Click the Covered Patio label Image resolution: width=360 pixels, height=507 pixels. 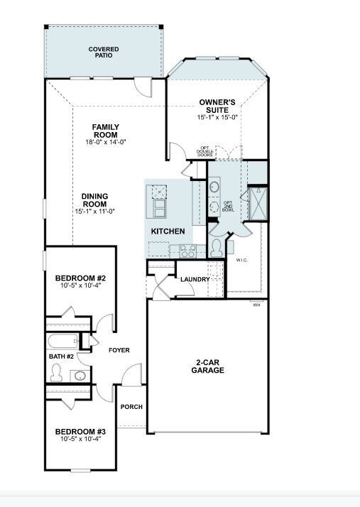point(104,53)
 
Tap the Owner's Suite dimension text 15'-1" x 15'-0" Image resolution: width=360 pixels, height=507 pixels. point(217,117)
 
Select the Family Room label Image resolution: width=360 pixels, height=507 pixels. point(106,131)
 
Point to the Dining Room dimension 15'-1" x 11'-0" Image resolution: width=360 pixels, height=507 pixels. point(94,212)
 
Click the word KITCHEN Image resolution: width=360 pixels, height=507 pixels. point(168,231)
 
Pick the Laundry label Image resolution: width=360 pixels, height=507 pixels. point(195,279)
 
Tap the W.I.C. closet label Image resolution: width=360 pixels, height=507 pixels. point(242,260)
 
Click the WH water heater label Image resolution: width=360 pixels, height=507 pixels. point(256,305)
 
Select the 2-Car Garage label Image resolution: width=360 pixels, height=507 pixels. point(207,366)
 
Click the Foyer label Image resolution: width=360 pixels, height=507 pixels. point(119,350)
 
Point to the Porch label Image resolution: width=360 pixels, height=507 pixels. point(131,407)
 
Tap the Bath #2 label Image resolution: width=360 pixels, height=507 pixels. point(62,356)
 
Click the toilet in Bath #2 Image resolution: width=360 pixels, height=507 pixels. point(56,373)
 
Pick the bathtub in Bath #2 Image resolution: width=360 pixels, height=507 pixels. point(62,342)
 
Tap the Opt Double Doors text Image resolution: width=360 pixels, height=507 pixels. point(205,152)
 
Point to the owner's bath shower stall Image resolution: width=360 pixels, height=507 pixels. point(258,204)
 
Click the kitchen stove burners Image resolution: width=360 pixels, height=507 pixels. point(188,251)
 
